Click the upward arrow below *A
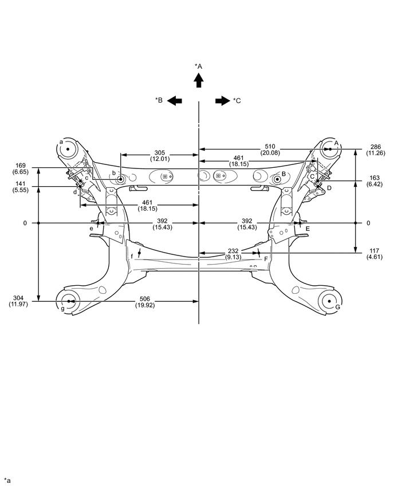click(x=198, y=81)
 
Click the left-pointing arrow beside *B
click(x=175, y=101)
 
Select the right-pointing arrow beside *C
click(x=222, y=101)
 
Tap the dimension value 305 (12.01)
click(x=160, y=156)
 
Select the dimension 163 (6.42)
click(x=375, y=180)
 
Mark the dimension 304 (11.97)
click(x=19, y=301)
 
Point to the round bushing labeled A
click(x=330, y=149)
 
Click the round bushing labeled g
click(x=68, y=301)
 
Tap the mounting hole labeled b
click(x=121, y=180)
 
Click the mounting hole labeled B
click(x=277, y=180)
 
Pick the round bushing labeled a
click(x=68, y=149)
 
